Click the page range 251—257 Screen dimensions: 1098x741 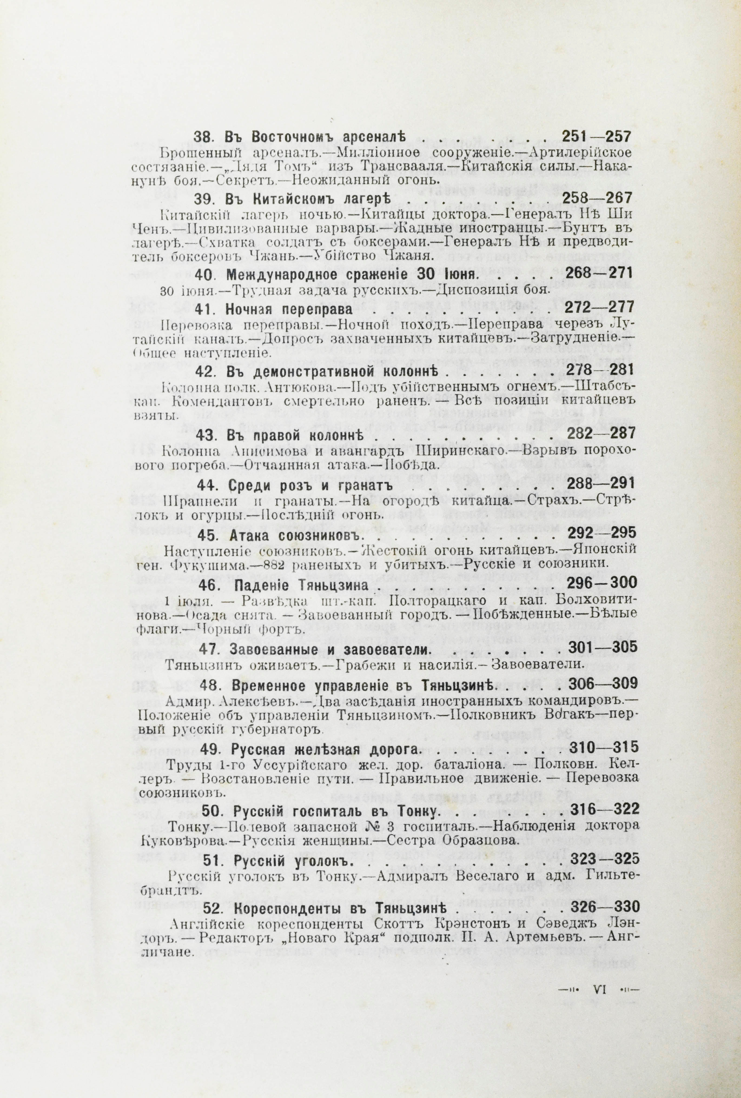coord(596,137)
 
